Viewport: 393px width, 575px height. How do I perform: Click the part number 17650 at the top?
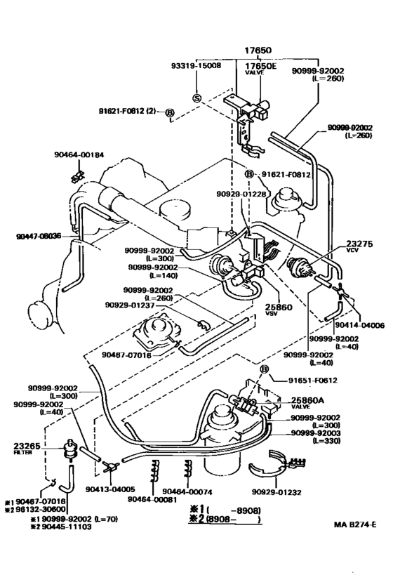(x=258, y=51)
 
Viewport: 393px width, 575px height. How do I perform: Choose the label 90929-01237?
(x=129, y=304)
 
